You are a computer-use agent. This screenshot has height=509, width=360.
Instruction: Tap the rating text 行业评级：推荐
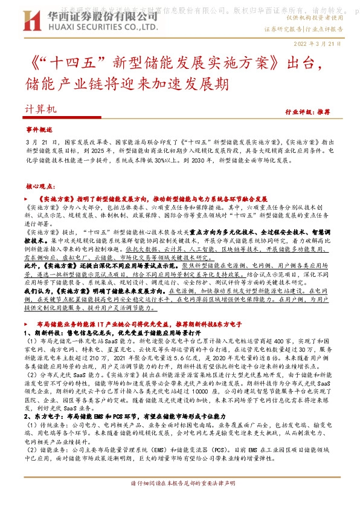[x=324, y=112]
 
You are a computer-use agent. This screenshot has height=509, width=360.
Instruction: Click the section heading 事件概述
[x=39, y=130]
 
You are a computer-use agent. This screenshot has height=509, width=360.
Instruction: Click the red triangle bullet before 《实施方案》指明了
[x=27, y=198]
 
